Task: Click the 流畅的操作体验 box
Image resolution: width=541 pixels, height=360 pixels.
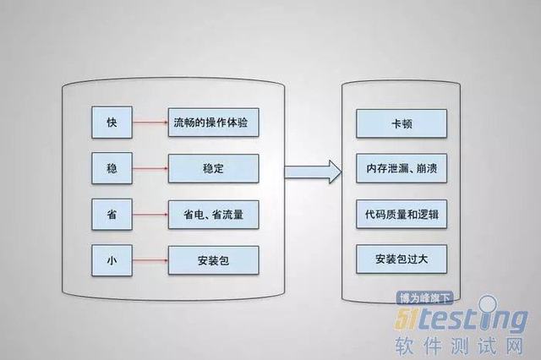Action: point(213,123)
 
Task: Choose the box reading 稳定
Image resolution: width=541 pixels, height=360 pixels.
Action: point(213,168)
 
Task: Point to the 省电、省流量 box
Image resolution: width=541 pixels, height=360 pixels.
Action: point(213,213)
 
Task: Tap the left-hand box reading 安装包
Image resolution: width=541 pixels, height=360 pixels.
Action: point(213,259)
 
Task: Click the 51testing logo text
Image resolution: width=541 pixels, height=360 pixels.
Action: point(462,318)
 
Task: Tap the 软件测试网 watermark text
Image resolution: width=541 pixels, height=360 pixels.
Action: point(462,345)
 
